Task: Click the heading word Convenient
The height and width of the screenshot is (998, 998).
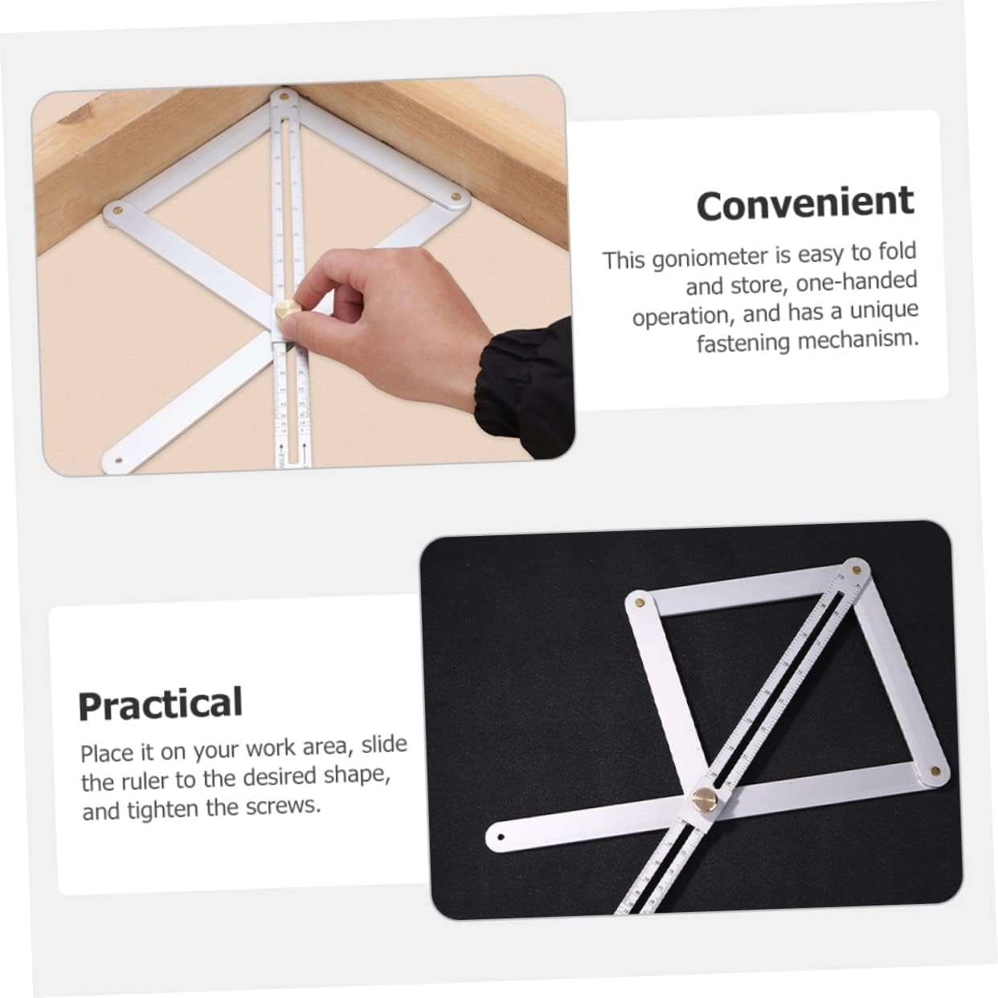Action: [x=805, y=203]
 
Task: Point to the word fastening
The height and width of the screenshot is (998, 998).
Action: [x=743, y=343]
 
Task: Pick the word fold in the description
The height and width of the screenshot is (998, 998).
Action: [x=897, y=252]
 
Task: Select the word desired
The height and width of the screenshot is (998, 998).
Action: [x=280, y=776]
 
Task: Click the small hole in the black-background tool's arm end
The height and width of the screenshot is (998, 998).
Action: [x=500, y=836]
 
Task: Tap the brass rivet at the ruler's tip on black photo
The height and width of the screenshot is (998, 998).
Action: [x=857, y=570]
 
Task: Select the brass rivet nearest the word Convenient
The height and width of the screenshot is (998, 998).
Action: [x=456, y=195]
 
